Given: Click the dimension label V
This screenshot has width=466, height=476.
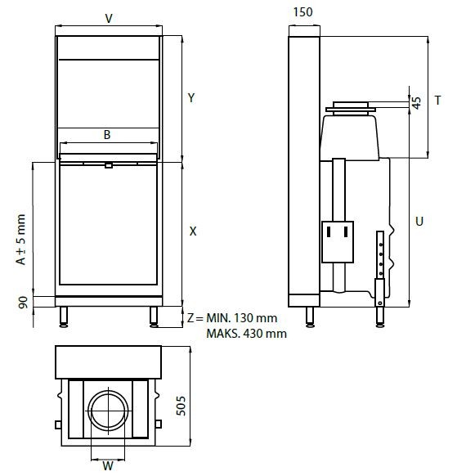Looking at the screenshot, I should [110, 17].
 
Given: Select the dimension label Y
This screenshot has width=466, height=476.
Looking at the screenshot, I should [190, 98].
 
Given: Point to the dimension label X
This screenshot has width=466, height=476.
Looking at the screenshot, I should [192, 231].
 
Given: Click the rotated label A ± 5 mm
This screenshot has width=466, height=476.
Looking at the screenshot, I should [22, 240].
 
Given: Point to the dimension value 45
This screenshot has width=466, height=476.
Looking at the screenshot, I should [416, 103].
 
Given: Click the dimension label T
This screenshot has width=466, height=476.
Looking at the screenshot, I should [438, 101].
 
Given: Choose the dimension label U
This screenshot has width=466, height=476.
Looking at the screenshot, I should [419, 221].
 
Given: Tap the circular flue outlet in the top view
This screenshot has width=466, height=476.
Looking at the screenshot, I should [109, 411].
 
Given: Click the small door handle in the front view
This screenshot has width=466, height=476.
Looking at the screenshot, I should [108, 166].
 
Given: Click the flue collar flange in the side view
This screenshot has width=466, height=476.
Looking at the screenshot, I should [349, 106].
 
